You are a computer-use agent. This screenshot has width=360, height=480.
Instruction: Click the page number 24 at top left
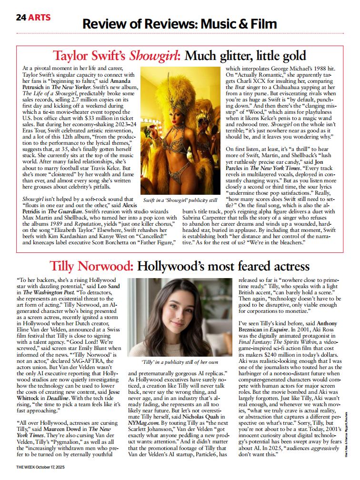click(21, 18)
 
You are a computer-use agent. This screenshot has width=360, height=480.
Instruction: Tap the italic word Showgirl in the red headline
click(155, 56)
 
